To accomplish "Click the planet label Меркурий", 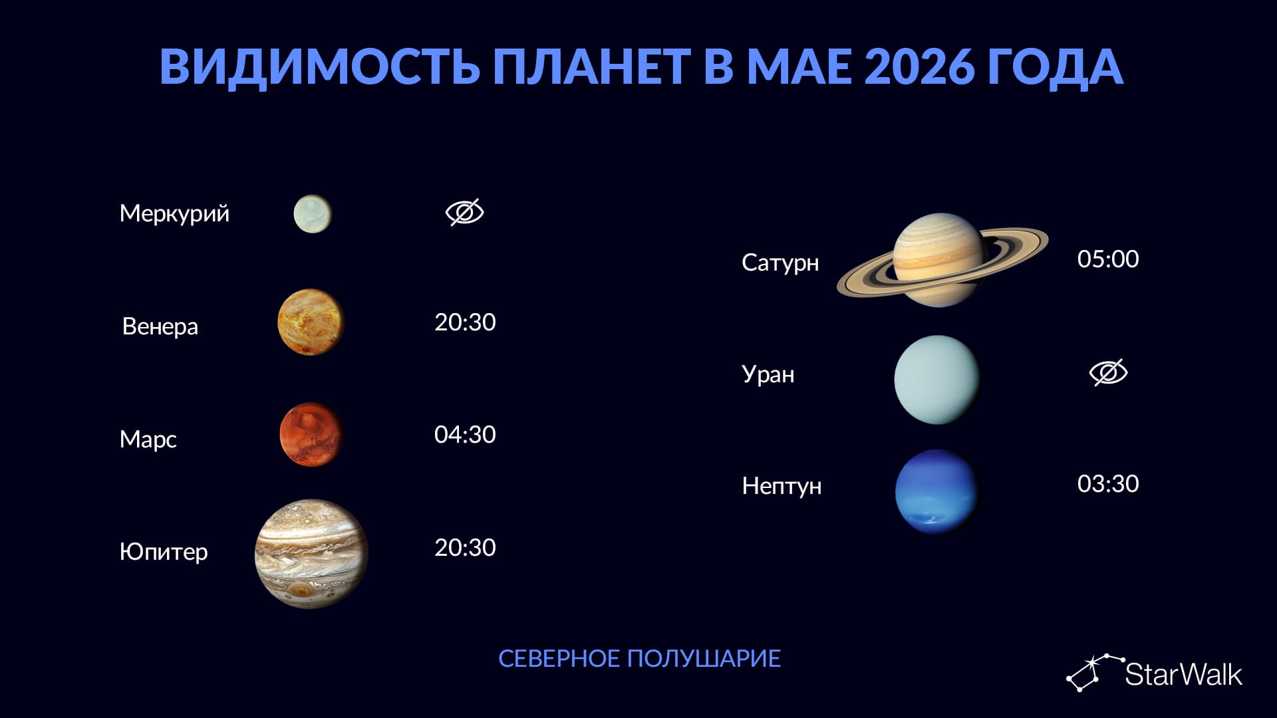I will (x=174, y=213).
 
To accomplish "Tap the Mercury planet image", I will (x=313, y=213).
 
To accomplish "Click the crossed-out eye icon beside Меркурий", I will (x=464, y=213).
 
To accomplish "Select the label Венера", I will (x=160, y=326).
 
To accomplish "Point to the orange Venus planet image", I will (x=311, y=322).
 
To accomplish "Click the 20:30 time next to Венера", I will (x=465, y=322).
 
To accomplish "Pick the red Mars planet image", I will (x=311, y=434).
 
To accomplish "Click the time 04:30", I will (x=465, y=434).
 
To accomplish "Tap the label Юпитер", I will (x=164, y=551).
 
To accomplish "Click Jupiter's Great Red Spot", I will (x=303, y=590).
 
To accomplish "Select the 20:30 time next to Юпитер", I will (x=465, y=547).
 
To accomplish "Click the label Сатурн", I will (x=780, y=263).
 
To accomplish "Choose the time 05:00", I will (x=1108, y=259).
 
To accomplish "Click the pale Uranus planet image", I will (x=937, y=379).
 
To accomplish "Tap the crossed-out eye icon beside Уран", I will (x=1108, y=372).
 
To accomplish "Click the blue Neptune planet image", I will (x=937, y=491).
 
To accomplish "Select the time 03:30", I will (x=1108, y=483).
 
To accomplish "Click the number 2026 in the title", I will (x=921, y=66).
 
